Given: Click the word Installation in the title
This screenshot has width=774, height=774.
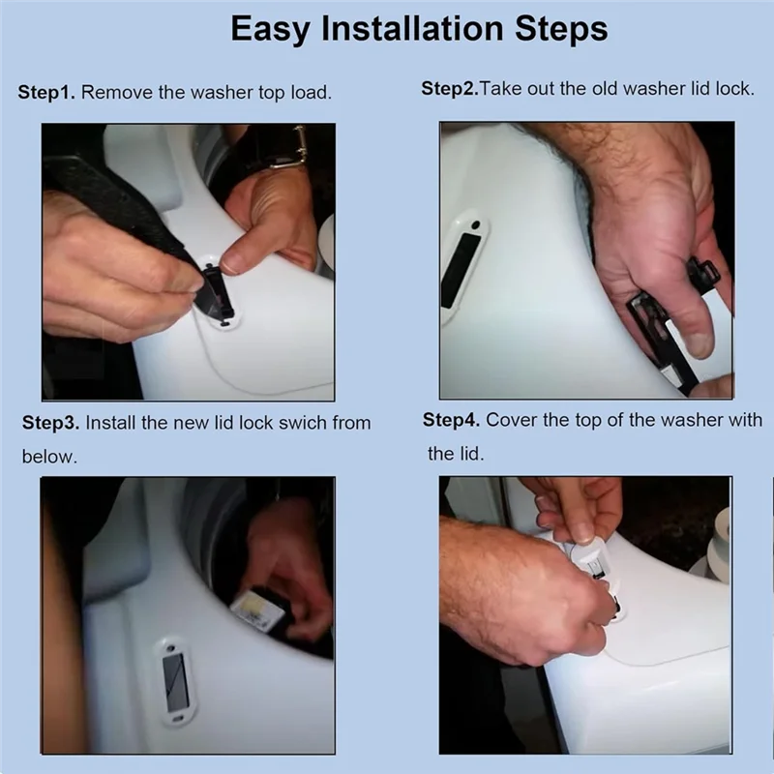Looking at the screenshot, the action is (x=412, y=28).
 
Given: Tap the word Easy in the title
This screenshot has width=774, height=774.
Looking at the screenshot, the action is (x=271, y=30).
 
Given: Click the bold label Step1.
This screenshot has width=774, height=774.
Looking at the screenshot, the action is (x=46, y=93).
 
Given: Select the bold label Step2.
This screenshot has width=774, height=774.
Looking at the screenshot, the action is (x=450, y=89).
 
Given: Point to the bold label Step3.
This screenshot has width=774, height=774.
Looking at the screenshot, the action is (x=50, y=423).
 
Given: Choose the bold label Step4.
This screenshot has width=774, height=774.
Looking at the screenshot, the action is (x=451, y=420).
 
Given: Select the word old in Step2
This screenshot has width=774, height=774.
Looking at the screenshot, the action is (x=606, y=89).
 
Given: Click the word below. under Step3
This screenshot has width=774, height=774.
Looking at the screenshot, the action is (x=49, y=457).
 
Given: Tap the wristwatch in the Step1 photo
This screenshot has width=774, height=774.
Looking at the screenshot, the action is (x=288, y=147).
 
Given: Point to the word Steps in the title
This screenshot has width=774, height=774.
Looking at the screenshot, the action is (x=561, y=30).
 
